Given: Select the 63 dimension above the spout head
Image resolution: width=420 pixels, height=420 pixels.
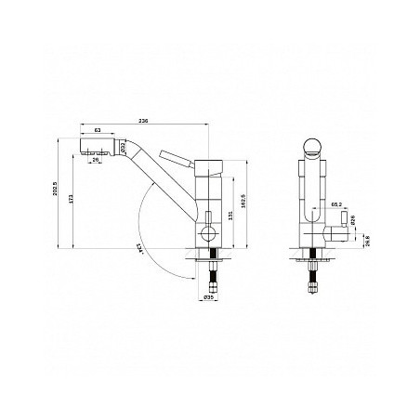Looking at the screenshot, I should point(99,131).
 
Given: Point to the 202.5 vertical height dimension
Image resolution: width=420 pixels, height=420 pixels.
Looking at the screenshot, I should point(58,192).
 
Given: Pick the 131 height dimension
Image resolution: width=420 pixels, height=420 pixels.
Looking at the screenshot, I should point(229,217).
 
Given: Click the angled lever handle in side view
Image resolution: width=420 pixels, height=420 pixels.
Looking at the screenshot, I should point(177,157).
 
